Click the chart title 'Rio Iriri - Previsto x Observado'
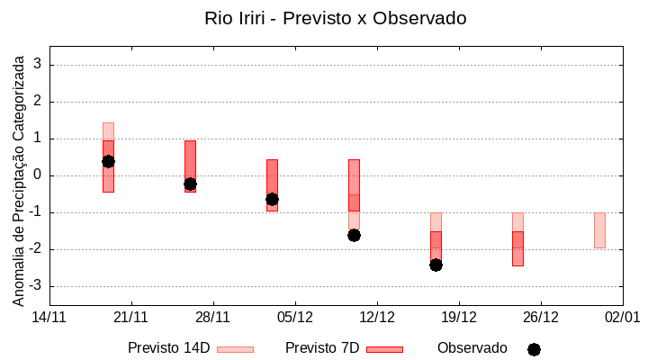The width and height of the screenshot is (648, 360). pos(335,18)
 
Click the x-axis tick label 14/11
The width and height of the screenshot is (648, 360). pos(49,317)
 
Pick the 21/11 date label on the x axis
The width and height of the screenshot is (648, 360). pos(131,317)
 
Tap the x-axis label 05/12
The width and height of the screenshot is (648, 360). pos(295,317)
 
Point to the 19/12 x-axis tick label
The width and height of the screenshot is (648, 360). pos(459,317)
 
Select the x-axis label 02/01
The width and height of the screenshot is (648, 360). pos(622,317)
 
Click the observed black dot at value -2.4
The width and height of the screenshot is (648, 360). pos(436,265)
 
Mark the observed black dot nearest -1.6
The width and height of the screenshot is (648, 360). pos(354,235)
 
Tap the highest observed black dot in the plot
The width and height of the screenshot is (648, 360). pos(108,161)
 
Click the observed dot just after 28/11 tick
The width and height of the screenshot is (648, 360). pos(272,199)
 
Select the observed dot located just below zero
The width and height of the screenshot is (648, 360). pos(190,184)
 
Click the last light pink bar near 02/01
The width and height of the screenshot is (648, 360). pos(599,230)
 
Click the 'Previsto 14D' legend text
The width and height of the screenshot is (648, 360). pos(168,348)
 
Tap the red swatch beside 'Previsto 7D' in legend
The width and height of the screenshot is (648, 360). pos(384,349)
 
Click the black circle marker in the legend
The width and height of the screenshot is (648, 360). pos(534,349)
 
